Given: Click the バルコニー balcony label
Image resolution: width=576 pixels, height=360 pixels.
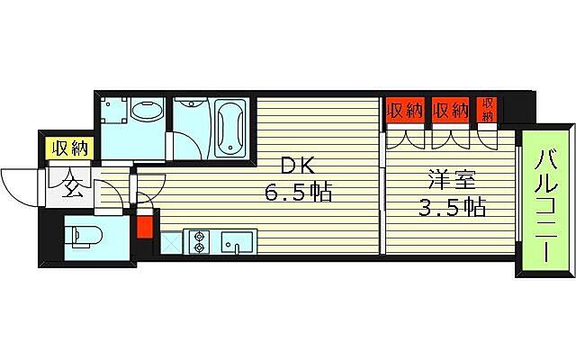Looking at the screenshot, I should (546, 204).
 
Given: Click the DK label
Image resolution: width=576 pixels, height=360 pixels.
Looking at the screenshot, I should (299, 166).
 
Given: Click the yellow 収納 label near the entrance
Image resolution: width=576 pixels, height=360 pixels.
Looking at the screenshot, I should (68, 149).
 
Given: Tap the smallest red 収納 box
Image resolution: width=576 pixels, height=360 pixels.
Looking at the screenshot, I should (487, 109).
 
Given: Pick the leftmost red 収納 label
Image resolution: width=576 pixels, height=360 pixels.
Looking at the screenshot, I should (405, 110).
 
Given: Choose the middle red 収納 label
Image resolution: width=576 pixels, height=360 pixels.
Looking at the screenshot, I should (450, 110).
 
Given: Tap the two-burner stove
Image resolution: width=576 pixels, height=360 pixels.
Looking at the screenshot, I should (199, 240).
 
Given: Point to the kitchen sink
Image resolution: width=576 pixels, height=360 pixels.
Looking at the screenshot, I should (237, 241).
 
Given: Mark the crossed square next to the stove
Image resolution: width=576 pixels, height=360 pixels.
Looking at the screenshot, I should (170, 241).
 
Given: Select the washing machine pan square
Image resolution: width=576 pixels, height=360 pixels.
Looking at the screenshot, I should (114, 112).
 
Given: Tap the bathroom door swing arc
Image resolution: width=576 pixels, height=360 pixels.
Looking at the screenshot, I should (184, 144).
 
